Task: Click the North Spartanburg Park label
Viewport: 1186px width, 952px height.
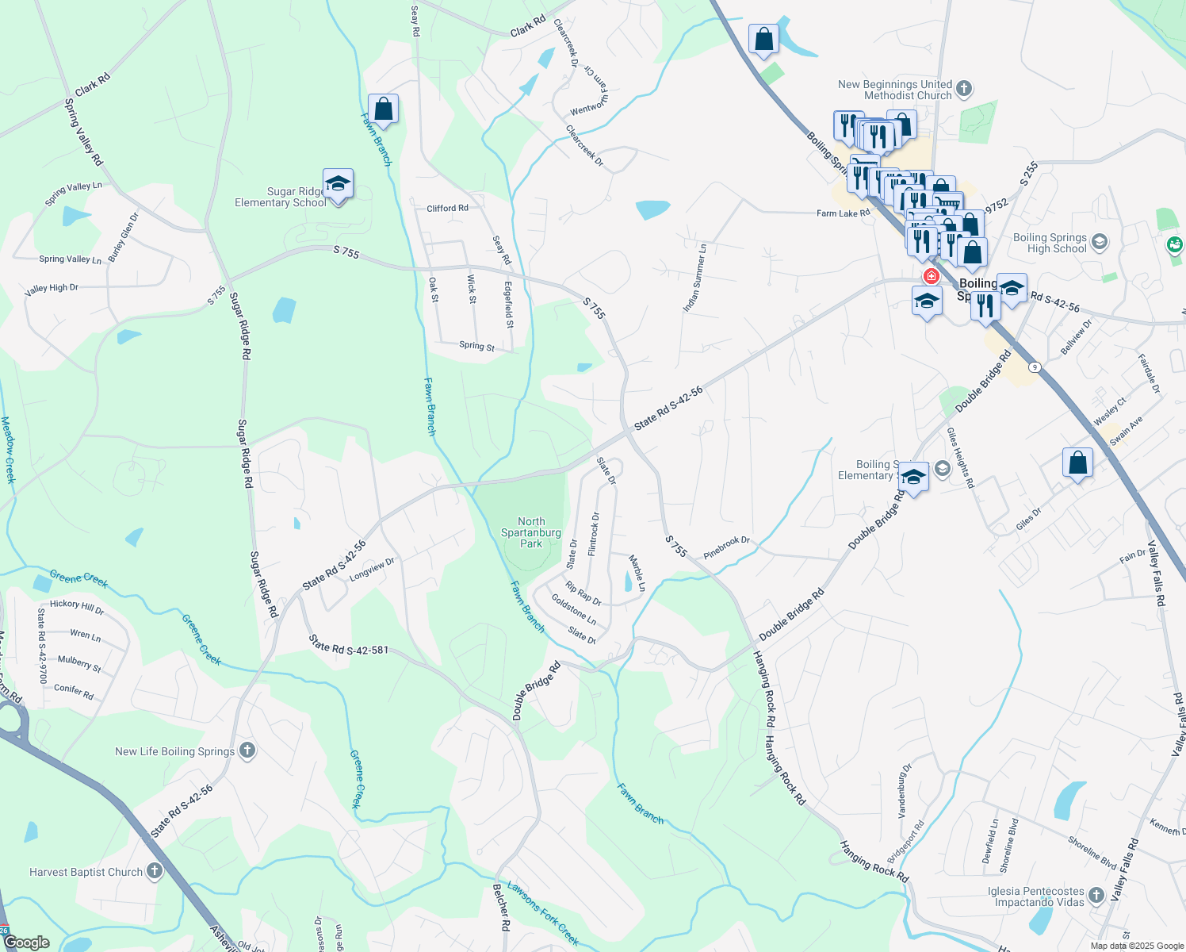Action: (530, 532)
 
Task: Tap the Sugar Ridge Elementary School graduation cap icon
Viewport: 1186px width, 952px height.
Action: (338, 184)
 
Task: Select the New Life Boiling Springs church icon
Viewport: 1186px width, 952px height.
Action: (247, 750)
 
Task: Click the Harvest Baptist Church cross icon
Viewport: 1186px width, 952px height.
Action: (155, 871)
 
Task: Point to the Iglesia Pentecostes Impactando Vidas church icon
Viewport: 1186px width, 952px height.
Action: (1096, 896)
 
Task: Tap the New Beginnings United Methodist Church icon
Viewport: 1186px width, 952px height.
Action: (964, 88)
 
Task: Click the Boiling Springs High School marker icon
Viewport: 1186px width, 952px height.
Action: (1100, 242)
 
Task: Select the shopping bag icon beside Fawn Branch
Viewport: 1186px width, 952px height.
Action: (383, 109)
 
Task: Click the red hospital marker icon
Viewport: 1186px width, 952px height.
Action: (932, 276)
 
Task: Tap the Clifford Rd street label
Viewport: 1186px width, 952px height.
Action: (447, 209)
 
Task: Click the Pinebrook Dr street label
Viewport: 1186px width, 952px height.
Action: (726, 546)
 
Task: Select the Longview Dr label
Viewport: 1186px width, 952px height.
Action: (372, 568)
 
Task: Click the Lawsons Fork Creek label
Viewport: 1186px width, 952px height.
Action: (543, 913)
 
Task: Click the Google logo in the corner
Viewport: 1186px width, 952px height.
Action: (27, 942)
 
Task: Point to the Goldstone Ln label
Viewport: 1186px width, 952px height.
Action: (574, 608)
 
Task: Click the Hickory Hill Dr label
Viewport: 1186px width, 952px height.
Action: (77, 607)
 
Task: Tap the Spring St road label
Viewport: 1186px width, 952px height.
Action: (476, 346)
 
